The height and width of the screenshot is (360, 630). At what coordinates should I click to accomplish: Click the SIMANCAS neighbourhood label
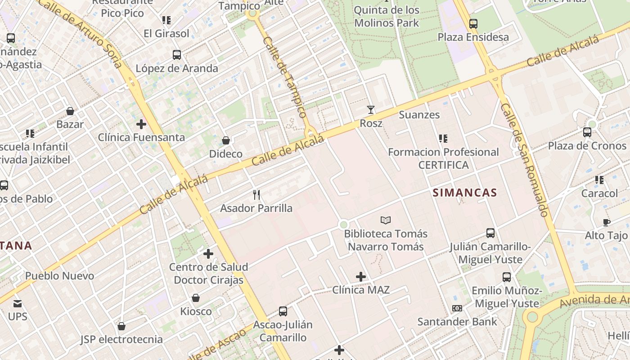464,193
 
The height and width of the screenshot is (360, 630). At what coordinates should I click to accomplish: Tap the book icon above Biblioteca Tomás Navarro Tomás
386,220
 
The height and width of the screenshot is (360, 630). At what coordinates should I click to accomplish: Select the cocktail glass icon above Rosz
371,109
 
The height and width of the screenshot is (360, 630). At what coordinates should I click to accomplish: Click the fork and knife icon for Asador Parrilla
256,194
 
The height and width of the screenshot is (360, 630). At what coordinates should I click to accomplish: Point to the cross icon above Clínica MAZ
361,277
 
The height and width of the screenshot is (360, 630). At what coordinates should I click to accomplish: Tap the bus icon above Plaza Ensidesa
473,24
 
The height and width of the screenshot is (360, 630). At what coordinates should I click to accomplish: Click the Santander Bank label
457,322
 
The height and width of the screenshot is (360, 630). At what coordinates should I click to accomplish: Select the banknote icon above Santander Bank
457,308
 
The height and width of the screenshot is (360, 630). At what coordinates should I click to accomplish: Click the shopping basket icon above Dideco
226,140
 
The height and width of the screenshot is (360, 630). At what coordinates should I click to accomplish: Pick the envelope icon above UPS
18,303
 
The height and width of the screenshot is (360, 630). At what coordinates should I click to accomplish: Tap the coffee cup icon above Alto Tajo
606,222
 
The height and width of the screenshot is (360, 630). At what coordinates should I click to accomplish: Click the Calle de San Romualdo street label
525,160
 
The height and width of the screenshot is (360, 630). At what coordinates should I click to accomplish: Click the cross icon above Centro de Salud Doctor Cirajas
208,254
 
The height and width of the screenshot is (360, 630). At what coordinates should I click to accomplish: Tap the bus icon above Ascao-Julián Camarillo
283,311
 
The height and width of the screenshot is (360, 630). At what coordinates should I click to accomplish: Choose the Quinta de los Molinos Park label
387,17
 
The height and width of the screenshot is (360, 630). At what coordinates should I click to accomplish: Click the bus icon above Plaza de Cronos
587,132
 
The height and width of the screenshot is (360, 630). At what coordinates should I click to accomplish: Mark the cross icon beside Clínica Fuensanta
141,124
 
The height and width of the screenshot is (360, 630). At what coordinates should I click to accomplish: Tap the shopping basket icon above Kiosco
196,298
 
